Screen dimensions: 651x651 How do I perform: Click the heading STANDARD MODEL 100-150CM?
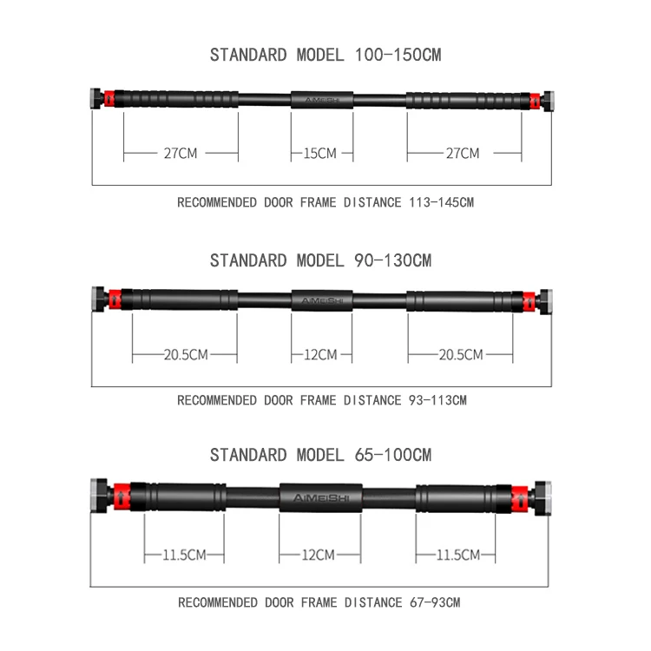click(325, 55)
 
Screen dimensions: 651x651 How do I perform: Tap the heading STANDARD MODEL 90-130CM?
click(320, 260)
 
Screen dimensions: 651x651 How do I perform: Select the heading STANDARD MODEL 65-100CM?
click(320, 455)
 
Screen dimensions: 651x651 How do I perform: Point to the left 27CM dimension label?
click(181, 154)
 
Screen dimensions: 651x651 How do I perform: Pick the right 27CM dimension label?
click(463, 154)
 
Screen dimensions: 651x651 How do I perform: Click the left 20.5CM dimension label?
click(185, 354)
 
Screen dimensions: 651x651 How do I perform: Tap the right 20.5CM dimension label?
click(461, 354)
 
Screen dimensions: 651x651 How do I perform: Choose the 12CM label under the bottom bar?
click(319, 555)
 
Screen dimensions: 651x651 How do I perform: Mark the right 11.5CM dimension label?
click(456, 555)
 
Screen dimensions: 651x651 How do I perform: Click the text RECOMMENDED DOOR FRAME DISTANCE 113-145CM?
click(325, 202)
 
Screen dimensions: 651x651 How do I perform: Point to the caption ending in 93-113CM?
click(322, 400)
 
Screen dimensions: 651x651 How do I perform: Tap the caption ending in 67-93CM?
click(319, 602)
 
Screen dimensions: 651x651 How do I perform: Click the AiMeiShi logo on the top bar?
click(321, 99)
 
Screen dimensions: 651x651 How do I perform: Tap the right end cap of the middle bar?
click(545, 300)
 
